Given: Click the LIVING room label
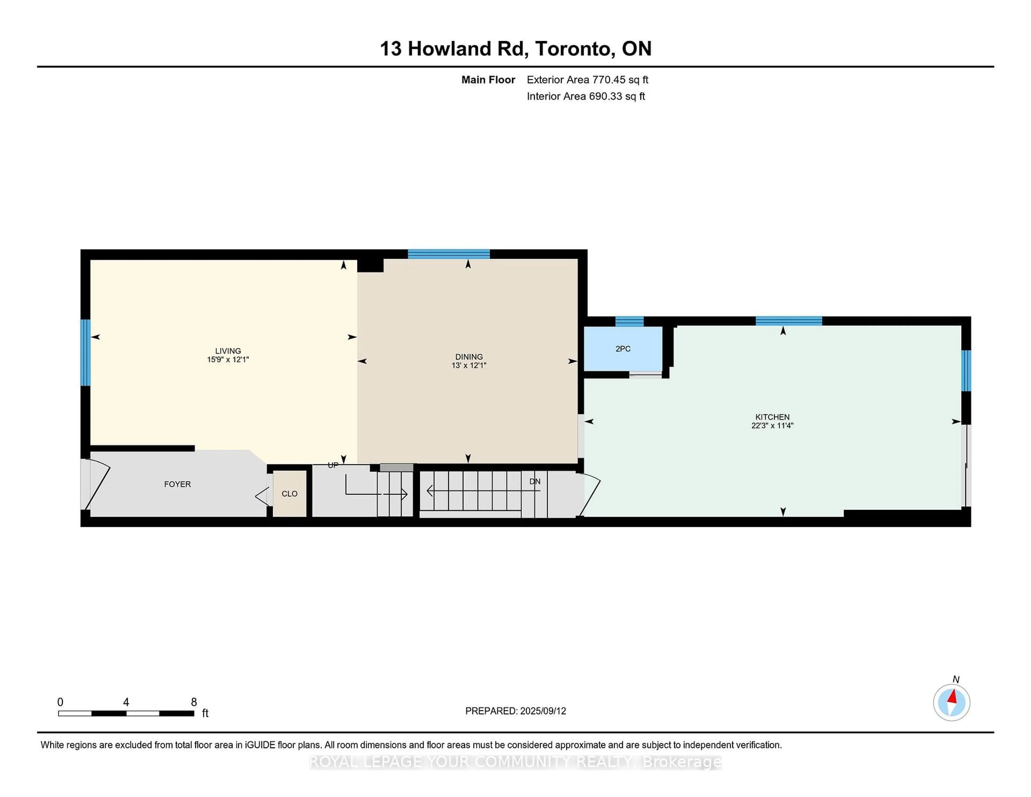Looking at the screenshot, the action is [228, 351].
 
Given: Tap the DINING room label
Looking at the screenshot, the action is [469, 357].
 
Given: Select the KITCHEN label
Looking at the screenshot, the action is [772, 417].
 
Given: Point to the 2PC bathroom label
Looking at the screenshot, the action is [623, 349].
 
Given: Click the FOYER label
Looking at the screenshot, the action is [177, 484].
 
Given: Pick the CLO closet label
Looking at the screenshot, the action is [289, 493].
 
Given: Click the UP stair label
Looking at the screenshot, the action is [333, 465].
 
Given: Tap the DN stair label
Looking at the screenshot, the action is [535, 481].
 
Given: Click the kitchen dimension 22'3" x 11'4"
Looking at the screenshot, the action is [772, 425].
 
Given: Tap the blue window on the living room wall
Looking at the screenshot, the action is [85, 353].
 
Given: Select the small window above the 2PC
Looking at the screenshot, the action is [629, 321].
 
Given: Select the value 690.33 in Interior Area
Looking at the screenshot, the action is [604, 96].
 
